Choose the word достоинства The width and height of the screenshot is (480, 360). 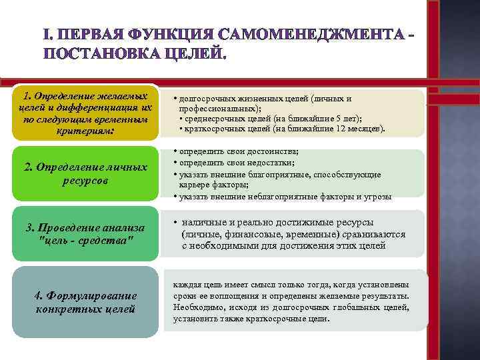click(274, 152)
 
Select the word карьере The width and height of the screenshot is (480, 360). click(193, 185)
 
